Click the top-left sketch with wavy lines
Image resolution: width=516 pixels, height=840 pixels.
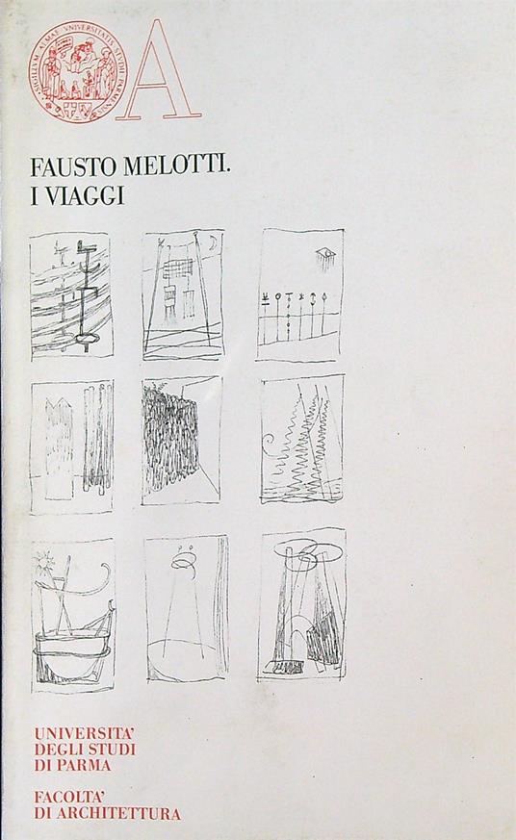tap(70, 296)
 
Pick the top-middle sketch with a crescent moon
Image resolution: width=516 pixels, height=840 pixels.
tap(183, 293)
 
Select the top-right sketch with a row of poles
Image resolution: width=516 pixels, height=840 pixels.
tap(299, 293)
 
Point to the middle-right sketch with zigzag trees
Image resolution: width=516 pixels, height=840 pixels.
tap(301, 439)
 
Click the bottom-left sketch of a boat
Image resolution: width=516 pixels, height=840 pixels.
tap(73, 615)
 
